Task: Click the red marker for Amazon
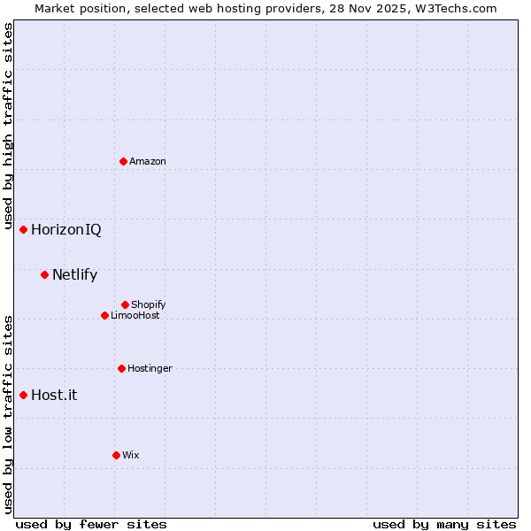[x=123, y=161]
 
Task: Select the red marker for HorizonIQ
[x=24, y=230]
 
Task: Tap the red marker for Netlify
[x=44, y=274]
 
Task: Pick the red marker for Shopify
[x=125, y=304]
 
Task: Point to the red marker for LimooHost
[x=104, y=315]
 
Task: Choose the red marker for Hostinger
[x=121, y=368]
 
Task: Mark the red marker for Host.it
[x=24, y=395]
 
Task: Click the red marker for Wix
[x=116, y=455]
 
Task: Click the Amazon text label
[x=148, y=161]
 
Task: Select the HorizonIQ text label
[x=66, y=230]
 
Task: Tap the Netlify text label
[x=74, y=274]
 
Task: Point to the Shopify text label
[x=149, y=304]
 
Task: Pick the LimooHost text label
[x=135, y=315]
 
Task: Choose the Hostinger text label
[x=150, y=368]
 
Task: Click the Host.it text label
[x=54, y=395]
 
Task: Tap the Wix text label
[x=131, y=455]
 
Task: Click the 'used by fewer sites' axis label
[x=91, y=524]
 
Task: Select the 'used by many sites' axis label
[x=444, y=524]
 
